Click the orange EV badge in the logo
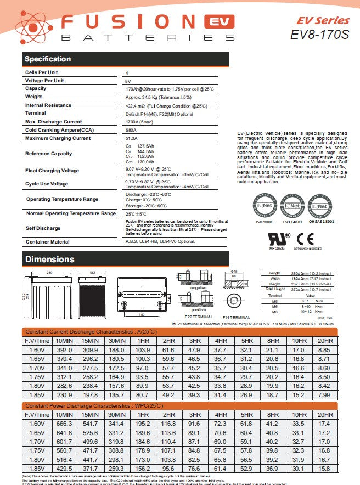(x=219, y=22)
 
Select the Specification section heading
(x=48, y=59)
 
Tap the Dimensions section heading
(x=49, y=259)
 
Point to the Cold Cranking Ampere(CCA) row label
(x=59, y=129)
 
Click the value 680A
(x=131, y=130)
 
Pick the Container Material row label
(x=47, y=241)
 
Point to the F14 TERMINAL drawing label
(x=237, y=317)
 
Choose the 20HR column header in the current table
(x=325, y=341)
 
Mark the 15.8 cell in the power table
(x=325, y=468)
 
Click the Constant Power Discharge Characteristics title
(x=94, y=405)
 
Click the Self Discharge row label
(x=43, y=228)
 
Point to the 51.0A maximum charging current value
(x=132, y=138)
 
